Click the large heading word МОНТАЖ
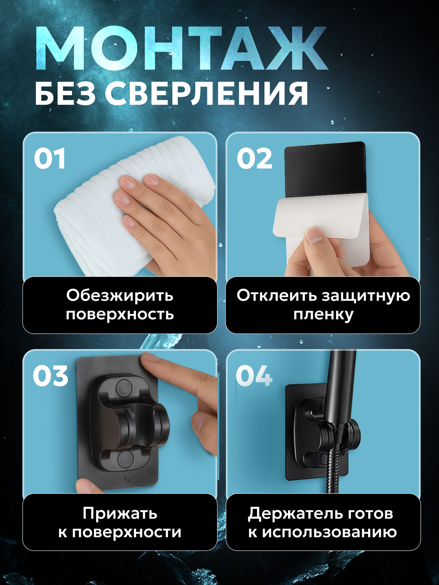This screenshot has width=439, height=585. point(181,48)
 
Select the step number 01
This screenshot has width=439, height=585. point(50,159)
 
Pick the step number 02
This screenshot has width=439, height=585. point(254,159)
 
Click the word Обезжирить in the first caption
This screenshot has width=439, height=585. point(120,295)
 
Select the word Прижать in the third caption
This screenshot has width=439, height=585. point(120,513)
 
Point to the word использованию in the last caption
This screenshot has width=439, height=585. point(329,532)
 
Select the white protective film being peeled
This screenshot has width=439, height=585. point(319,216)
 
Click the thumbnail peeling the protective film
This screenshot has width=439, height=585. point(314,236)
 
